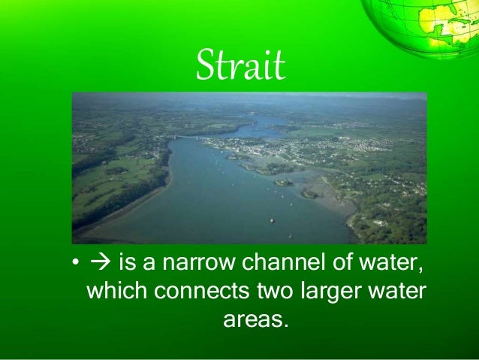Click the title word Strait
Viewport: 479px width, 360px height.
[x=239, y=67]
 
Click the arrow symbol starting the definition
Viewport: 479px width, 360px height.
[x=98, y=264]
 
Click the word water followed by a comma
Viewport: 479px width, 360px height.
[x=390, y=264]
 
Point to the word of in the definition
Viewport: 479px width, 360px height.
[x=337, y=264]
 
